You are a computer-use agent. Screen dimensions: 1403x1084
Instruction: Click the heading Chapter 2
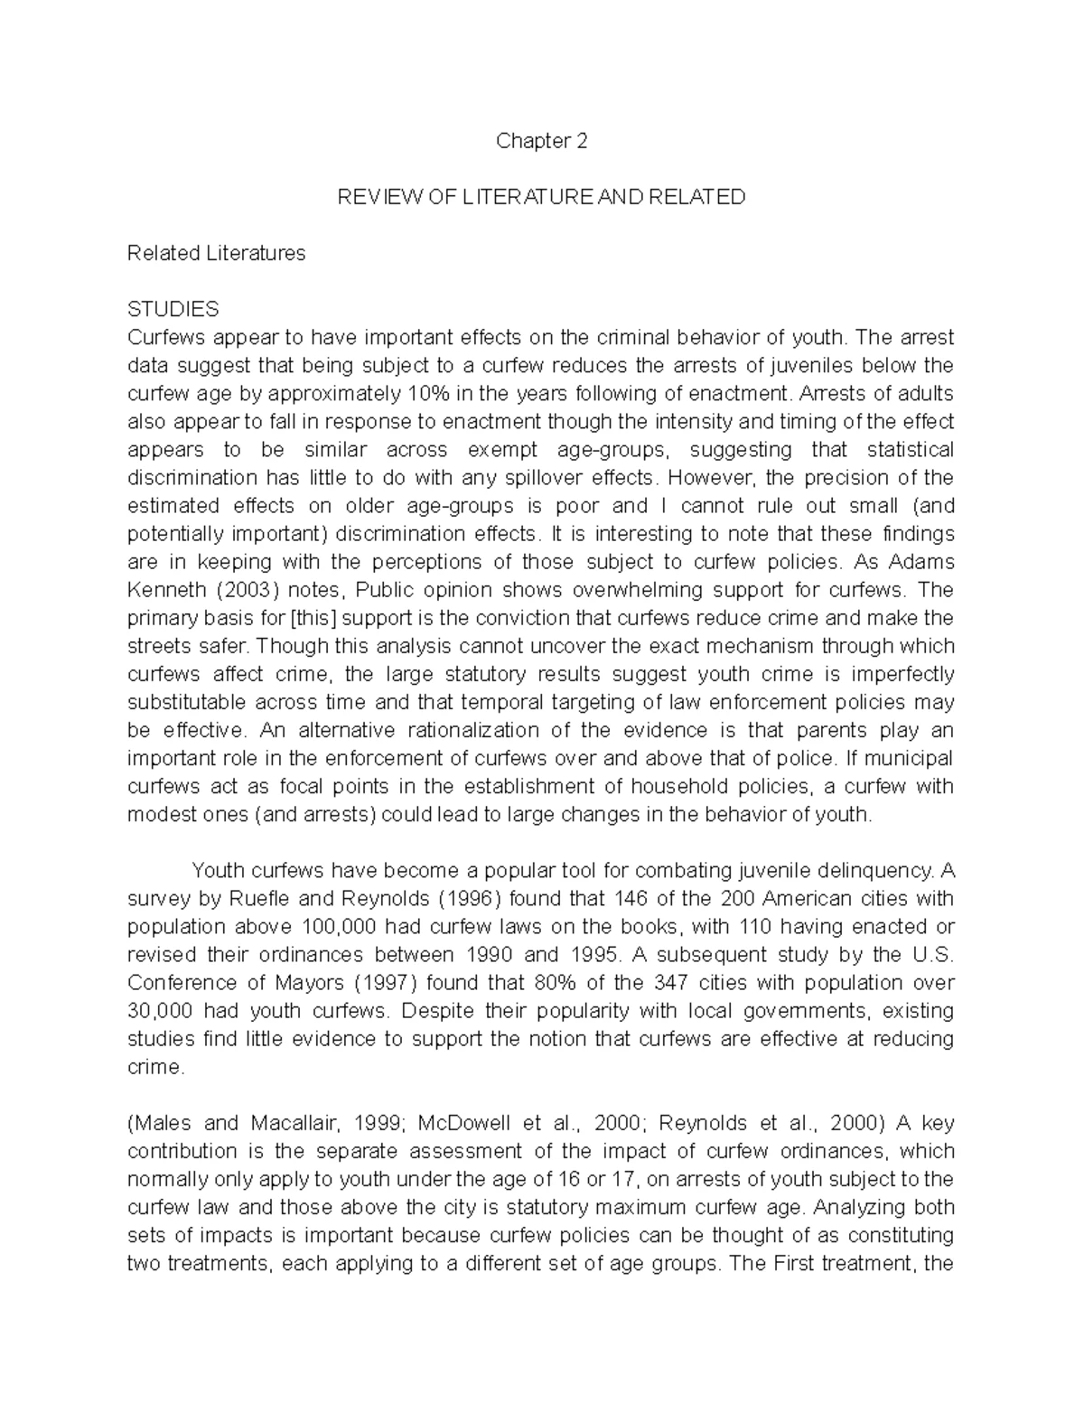[x=542, y=142]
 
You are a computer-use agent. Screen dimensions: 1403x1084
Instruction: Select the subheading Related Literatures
[x=216, y=253]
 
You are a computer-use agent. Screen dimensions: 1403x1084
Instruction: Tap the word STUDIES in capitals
[x=173, y=310]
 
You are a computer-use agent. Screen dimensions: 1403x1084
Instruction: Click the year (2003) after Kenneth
[x=239, y=591]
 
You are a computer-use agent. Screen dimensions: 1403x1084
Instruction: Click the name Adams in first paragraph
[x=921, y=562]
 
